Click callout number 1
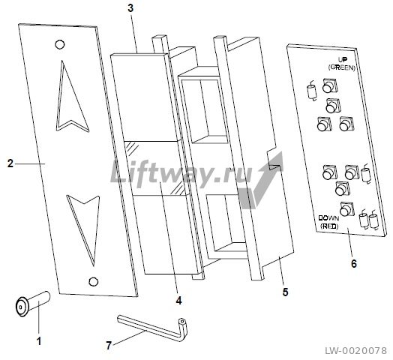(39, 341)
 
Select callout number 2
(10, 163)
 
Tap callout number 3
(130, 8)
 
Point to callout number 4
(178, 300)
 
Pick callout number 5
(285, 292)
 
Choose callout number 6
(354, 263)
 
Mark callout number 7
(109, 346)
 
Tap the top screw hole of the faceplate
(60, 44)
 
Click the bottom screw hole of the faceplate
(94, 281)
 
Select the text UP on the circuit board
(343, 60)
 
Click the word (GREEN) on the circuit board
(342, 67)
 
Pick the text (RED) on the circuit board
(329, 226)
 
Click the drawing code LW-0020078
(356, 351)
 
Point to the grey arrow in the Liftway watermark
(261, 181)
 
